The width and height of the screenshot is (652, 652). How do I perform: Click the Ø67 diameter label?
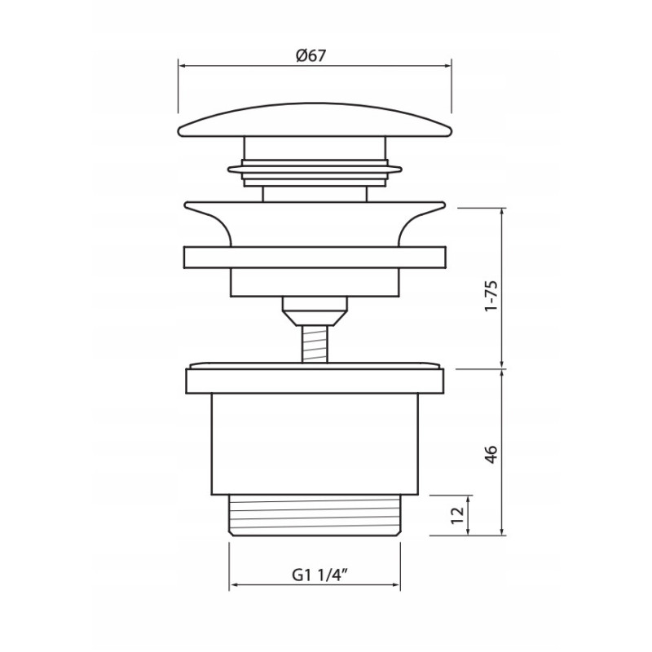311,55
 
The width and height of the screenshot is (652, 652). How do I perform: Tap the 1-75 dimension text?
491,295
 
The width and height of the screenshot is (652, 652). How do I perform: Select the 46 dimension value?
491,454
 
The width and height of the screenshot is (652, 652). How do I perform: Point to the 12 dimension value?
457,515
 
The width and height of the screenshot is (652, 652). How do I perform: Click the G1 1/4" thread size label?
319,575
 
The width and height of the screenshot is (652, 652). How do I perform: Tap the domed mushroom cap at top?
315,121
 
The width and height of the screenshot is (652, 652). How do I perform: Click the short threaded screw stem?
315,344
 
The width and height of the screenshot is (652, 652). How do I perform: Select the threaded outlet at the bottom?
315,515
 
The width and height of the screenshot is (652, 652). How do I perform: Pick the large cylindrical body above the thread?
315,444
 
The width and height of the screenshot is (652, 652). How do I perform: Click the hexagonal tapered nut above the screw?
315,311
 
